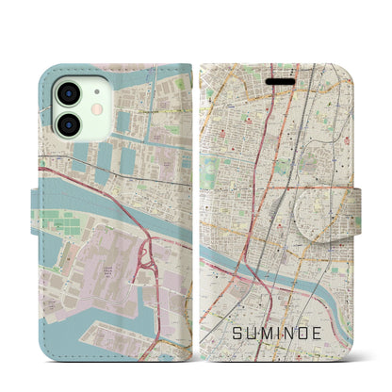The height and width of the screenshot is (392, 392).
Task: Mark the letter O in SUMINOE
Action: (x=324, y=305)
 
